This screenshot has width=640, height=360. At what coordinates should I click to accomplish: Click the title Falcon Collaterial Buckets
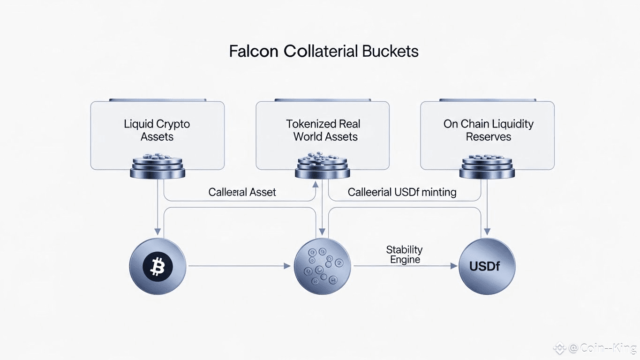point(324,51)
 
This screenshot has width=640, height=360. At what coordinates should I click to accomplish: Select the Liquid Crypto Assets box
point(157,130)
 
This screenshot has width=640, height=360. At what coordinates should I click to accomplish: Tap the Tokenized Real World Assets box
point(323,130)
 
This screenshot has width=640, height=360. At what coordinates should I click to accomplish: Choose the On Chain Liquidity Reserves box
point(488,130)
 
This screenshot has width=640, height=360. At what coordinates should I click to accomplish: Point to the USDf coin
point(487,267)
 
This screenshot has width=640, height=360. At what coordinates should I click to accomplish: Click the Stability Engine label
point(405,254)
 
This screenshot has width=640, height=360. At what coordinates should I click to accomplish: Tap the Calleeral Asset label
point(242,192)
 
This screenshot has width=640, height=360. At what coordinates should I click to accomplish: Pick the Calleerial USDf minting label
point(402,192)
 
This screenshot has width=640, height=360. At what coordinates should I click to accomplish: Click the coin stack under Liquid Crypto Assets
point(157,167)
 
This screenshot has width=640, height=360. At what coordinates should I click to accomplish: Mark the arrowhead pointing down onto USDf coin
point(488,232)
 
